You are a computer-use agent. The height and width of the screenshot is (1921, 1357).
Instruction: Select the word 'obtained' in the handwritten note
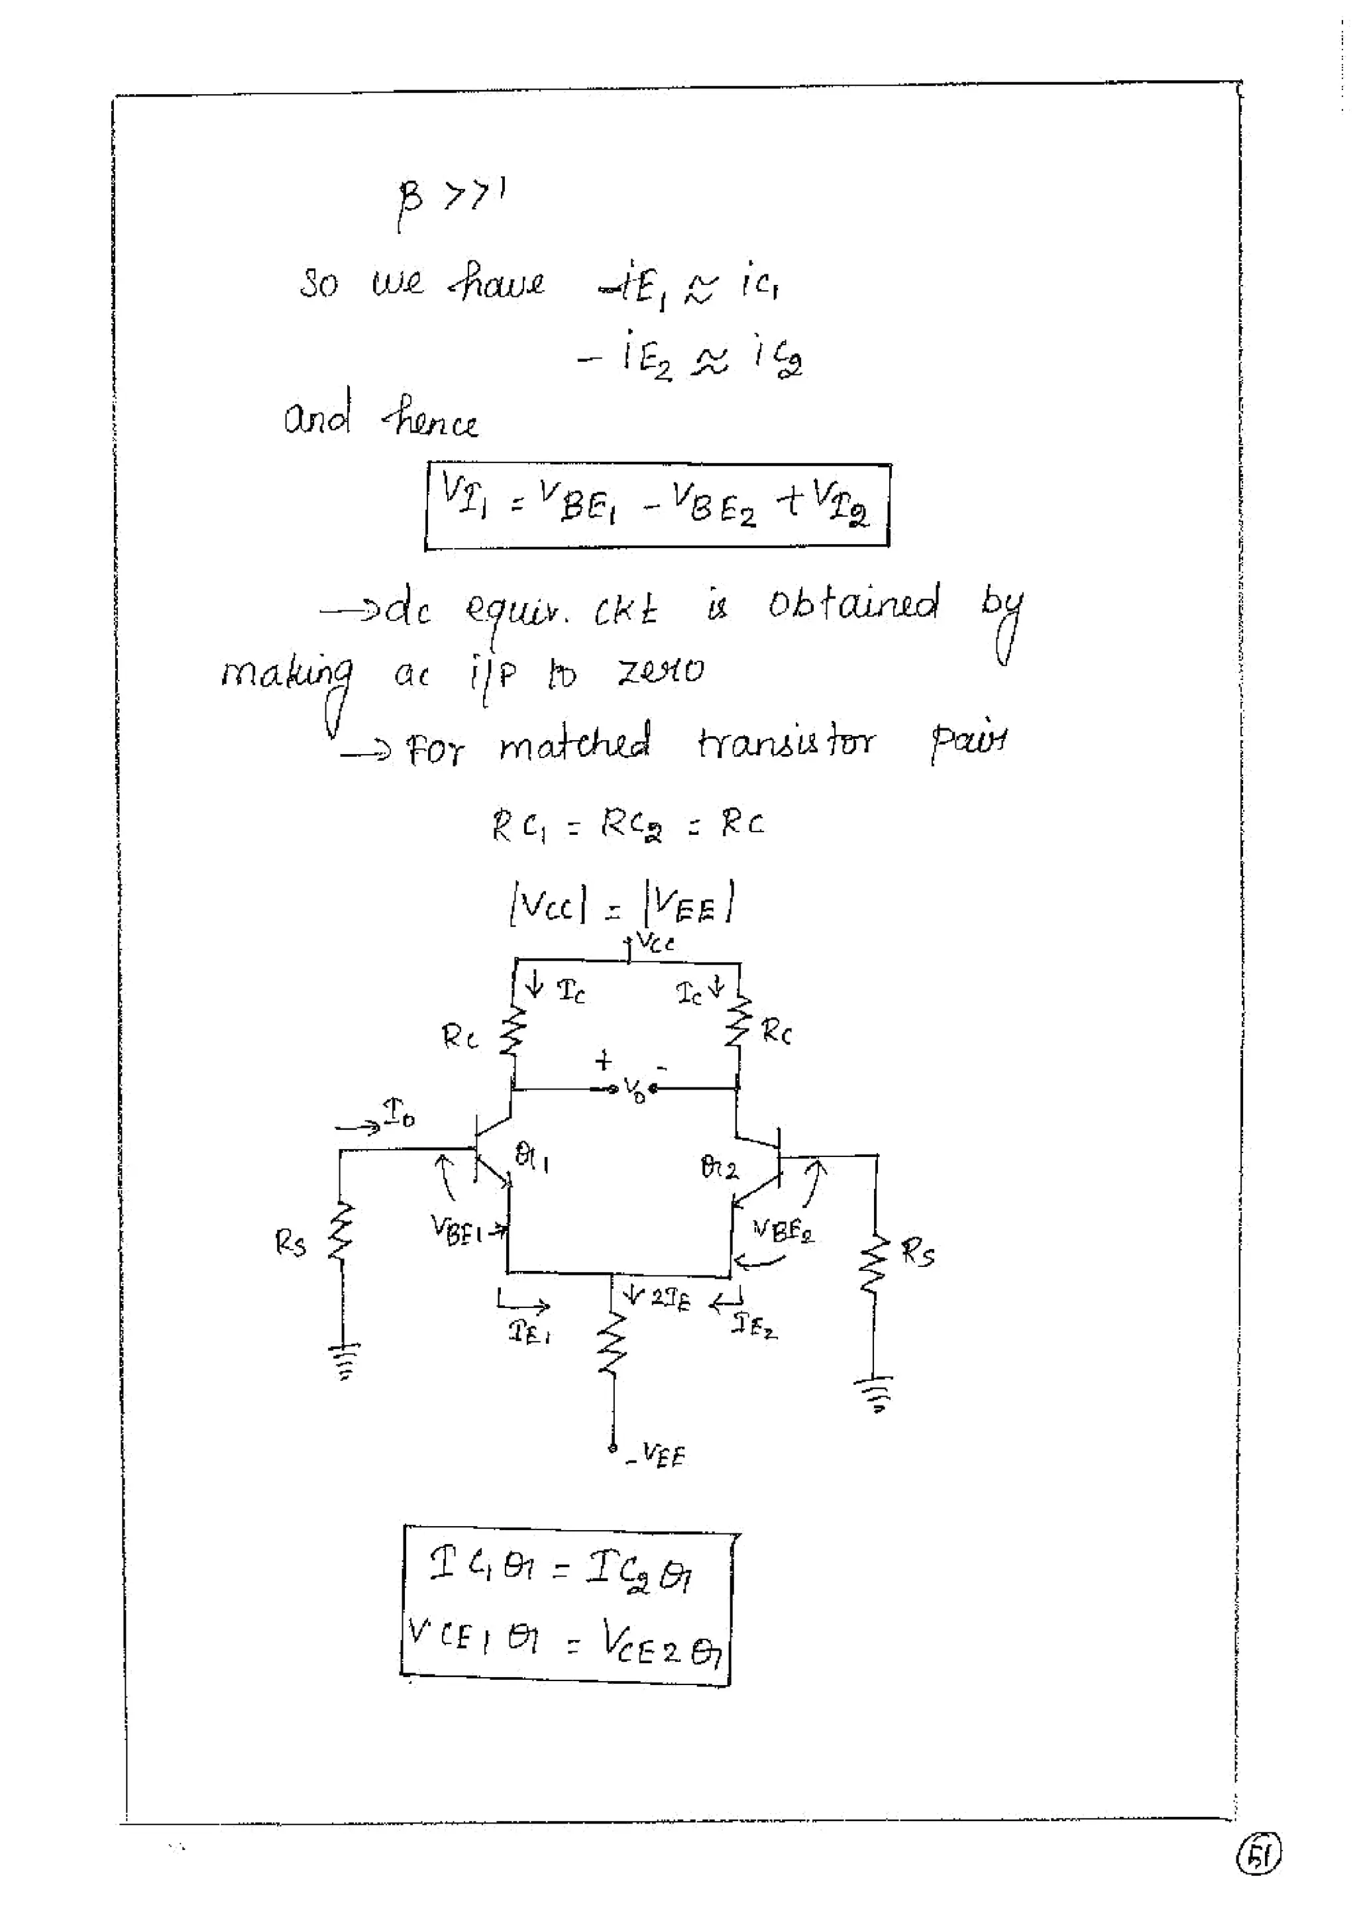click(x=853, y=603)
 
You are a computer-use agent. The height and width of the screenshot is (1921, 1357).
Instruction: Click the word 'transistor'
click(x=787, y=742)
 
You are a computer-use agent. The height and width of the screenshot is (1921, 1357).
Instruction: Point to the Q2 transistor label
click(x=719, y=1167)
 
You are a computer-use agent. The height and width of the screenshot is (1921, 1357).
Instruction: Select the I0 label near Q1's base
click(x=399, y=1114)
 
